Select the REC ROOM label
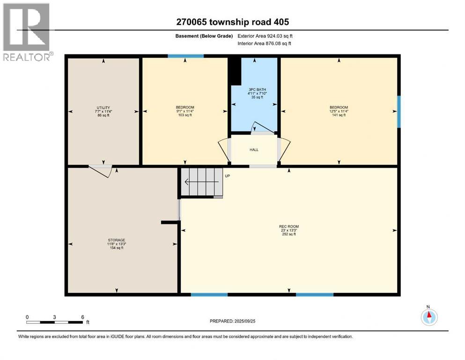(x=288, y=226)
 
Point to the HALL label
(x=254, y=150)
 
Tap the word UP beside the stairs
(x=228, y=176)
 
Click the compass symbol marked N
(x=428, y=317)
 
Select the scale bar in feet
(x=55, y=322)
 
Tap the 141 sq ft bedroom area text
(x=339, y=115)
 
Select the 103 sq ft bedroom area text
(x=185, y=115)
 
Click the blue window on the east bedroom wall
(x=399, y=112)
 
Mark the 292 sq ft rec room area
(x=288, y=234)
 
